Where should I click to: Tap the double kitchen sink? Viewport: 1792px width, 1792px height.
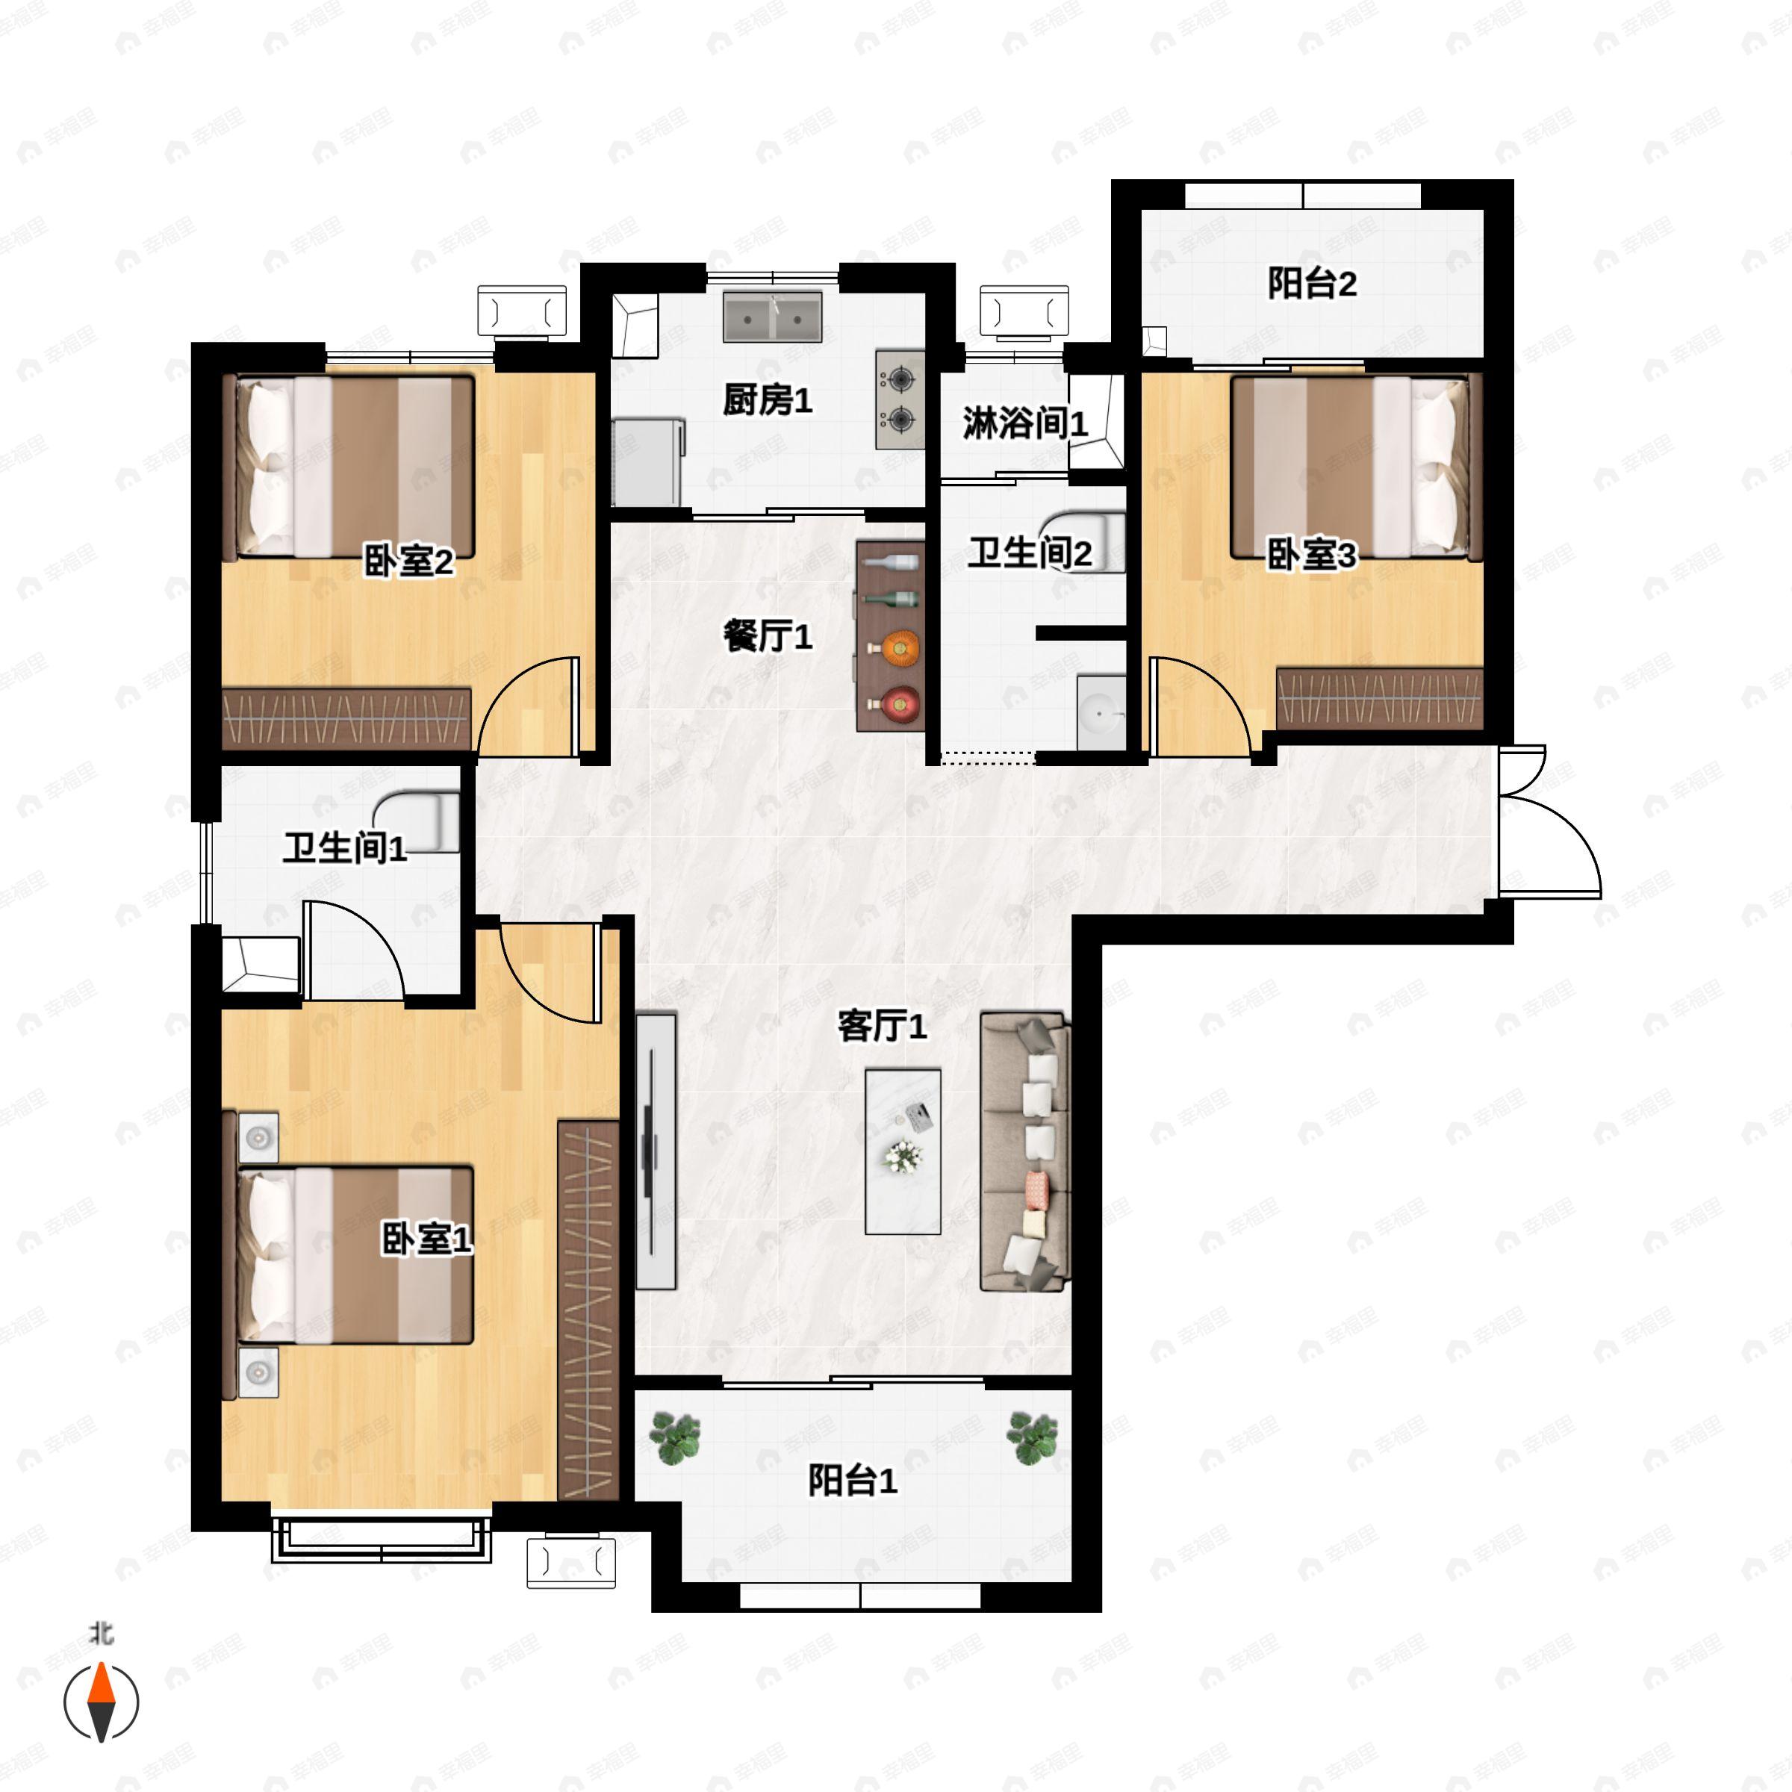click(x=772, y=317)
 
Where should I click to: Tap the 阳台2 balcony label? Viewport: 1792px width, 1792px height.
click(x=1312, y=283)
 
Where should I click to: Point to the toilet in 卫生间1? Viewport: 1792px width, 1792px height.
click(x=422, y=820)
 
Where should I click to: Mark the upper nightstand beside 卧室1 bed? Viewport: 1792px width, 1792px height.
click(x=259, y=1137)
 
